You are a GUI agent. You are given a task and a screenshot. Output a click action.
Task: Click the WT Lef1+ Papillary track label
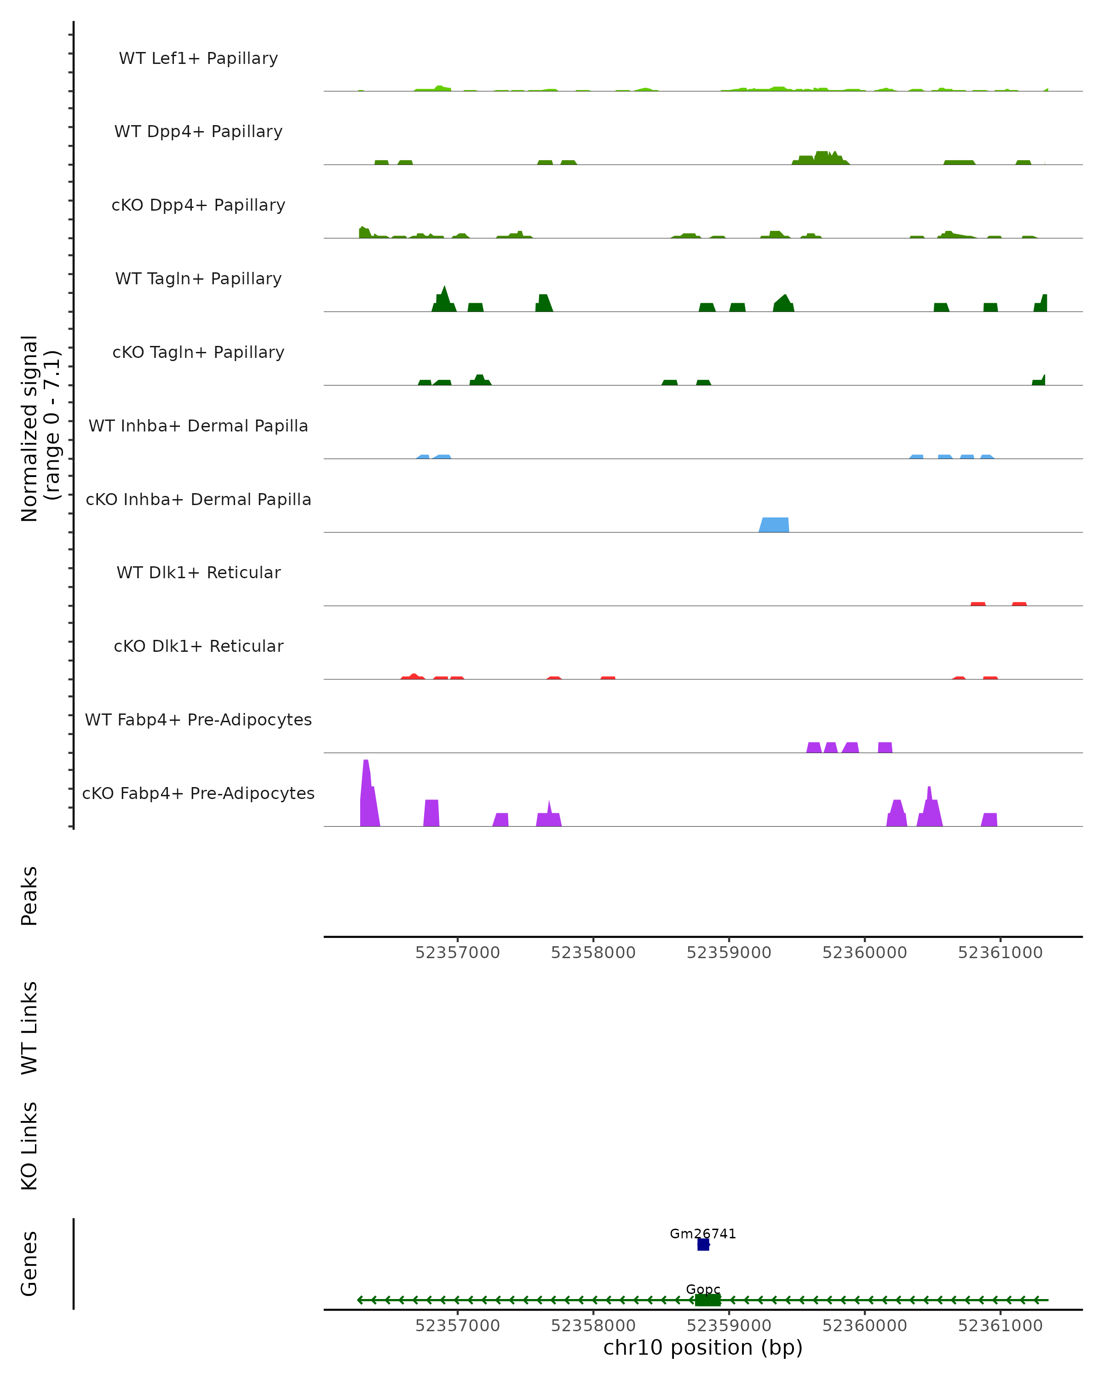198,58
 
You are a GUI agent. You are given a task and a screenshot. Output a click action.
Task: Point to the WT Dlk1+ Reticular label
198,572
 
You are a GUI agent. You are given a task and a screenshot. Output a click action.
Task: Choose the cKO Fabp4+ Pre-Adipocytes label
198,793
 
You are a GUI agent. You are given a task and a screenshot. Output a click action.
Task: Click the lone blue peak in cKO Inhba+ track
774,525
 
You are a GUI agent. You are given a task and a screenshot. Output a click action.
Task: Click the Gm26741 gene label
703,1234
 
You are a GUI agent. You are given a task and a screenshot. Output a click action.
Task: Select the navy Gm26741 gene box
703,1245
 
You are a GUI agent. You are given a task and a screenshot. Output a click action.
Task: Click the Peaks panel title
29,896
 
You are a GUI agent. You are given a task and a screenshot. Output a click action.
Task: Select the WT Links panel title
29,1027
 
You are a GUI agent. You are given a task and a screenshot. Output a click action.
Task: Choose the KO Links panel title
29,1146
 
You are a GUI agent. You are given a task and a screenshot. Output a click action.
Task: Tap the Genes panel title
29,1264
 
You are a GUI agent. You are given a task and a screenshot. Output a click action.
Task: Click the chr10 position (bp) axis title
703,1348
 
